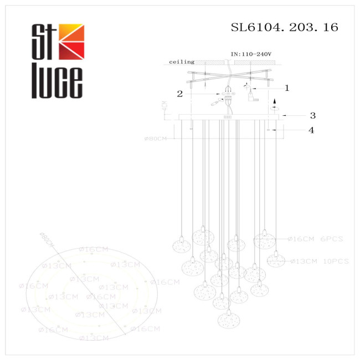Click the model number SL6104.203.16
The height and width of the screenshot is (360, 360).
pyautogui.click(x=284, y=27)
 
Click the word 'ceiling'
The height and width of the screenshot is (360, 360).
pyautogui.click(x=182, y=63)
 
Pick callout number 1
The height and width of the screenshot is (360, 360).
pyautogui.click(x=286, y=88)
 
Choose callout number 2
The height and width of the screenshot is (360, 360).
pyautogui.click(x=179, y=94)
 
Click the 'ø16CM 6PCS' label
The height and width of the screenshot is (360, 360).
pyautogui.click(x=315, y=239)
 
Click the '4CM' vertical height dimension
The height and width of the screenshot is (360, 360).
pyautogui.click(x=164, y=106)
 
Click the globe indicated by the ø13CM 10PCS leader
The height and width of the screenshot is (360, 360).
pyautogui.click(x=275, y=259)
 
